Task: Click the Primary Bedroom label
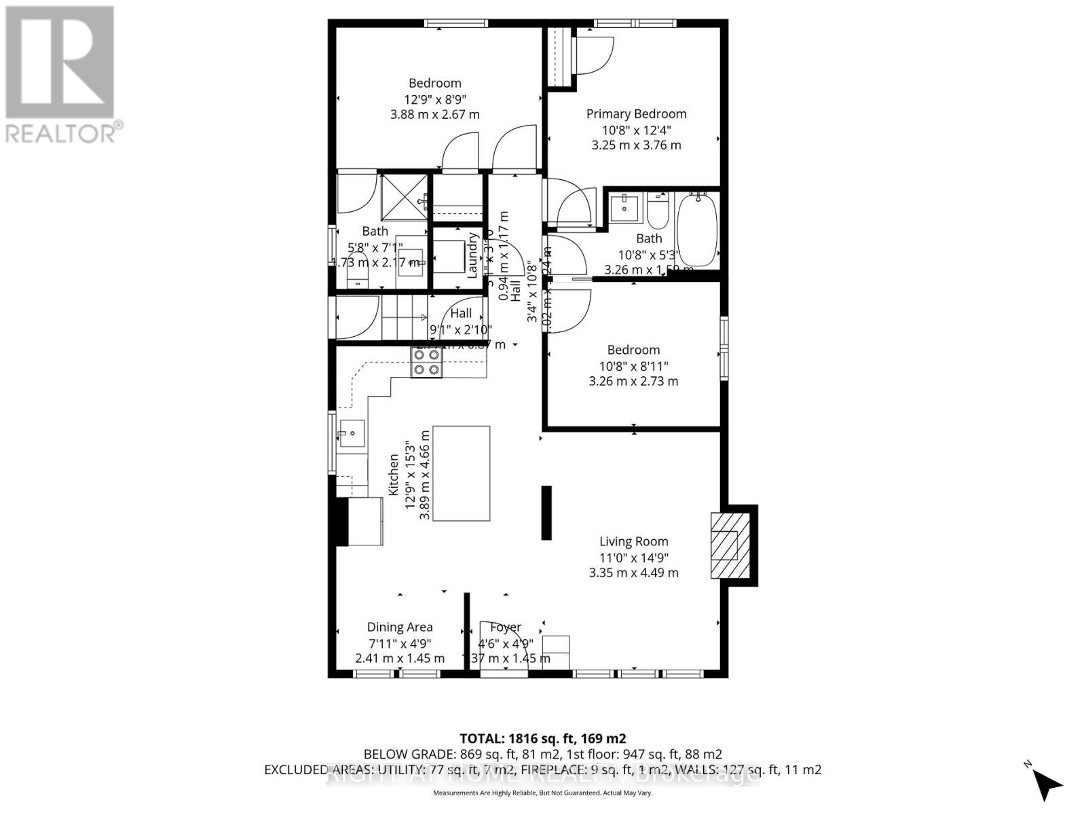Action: [636, 114]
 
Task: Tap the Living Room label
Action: [633, 541]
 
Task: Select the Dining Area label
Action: [400, 627]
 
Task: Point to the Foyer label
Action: [506, 627]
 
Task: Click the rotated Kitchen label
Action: [394, 475]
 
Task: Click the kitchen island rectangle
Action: [462, 473]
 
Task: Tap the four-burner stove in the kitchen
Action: [427, 362]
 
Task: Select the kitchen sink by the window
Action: [352, 433]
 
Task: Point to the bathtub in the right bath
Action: [697, 230]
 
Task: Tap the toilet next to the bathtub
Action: [657, 211]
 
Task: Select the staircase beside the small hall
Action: [403, 317]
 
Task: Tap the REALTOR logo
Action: [60, 74]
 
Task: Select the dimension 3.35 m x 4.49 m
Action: [633, 573]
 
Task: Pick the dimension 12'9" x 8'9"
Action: [434, 98]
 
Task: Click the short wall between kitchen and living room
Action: [546, 513]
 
